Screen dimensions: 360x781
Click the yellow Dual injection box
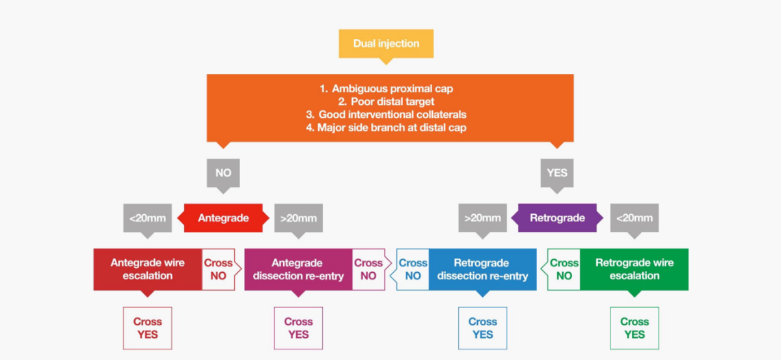(x=386, y=44)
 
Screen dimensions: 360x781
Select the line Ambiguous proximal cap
(x=391, y=89)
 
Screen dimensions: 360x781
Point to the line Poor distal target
(x=391, y=102)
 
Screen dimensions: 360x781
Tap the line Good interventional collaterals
(x=391, y=115)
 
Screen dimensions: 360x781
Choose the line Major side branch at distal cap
(x=391, y=128)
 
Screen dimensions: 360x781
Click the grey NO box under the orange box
(x=223, y=173)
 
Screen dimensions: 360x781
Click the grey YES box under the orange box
(x=557, y=173)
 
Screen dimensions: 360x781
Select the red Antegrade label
(x=223, y=218)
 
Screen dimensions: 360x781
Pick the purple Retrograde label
(x=557, y=218)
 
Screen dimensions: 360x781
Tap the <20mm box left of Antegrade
(x=148, y=218)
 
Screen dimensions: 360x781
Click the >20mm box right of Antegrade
(x=299, y=218)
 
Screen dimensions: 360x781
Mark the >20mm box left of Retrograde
(x=482, y=218)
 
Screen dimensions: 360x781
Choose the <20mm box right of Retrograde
(x=635, y=218)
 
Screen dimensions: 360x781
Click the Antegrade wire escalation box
(x=148, y=269)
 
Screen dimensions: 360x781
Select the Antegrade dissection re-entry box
(x=297, y=269)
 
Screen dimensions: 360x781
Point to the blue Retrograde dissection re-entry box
(x=482, y=269)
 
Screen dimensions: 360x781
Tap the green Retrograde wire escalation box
(x=635, y=269)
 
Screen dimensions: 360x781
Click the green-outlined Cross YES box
(x=635, y=328)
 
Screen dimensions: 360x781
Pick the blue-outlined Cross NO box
(x=413, y=269)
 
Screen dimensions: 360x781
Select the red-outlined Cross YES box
(x=148, y=328)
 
